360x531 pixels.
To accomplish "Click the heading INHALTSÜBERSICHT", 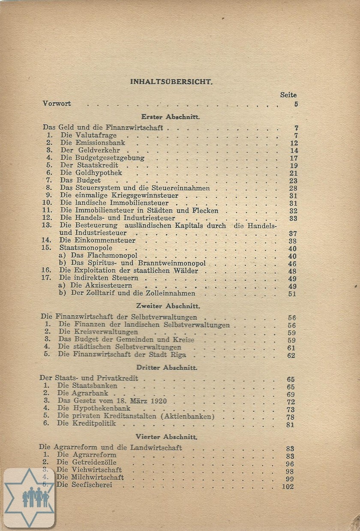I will click(x=171, y=81).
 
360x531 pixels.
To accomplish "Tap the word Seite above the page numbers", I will click(x=288, y=95).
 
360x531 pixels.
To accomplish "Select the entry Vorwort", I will click(x=57, y=104).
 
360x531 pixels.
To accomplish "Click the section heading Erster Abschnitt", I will click(x=171, y=116).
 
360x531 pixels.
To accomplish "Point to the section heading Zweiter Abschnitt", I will click(x=168, y=306).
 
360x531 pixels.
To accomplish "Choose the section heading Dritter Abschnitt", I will click(x=167, y=367).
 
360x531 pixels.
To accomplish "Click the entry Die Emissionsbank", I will click(x=92, y=143).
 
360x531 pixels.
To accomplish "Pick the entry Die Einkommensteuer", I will click(x=97, y=241).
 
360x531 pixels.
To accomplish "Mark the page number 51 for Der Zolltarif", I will click(x=292, y=294).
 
